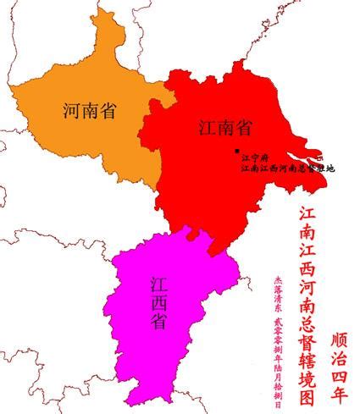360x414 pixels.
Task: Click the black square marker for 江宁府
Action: (236, 150)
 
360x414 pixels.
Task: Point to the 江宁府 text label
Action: (254, 157)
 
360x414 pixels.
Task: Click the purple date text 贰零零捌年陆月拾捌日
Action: (277, 356)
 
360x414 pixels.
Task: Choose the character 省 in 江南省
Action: (244, 128)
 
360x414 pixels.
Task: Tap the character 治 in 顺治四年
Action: (337, 357)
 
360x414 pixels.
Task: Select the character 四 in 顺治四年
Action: (337, 375)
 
